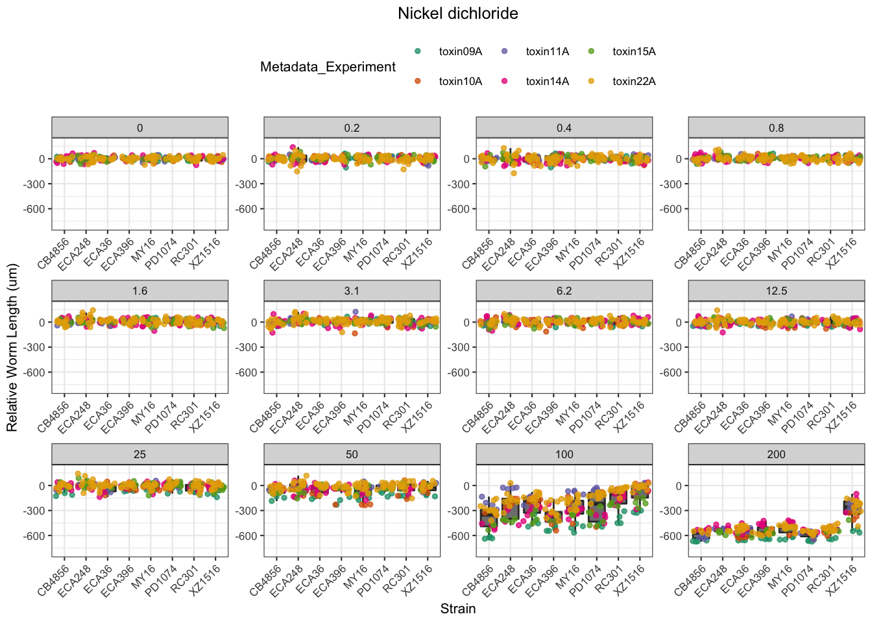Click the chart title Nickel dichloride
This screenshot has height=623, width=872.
coord(457,14)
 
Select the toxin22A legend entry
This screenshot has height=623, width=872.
coord(633,82)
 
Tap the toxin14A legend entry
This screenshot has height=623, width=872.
coord(547,82)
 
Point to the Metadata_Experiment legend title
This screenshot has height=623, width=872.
coord(328,67)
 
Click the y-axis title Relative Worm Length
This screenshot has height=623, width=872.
coord(13,347)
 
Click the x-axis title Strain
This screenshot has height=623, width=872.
coord(457,609)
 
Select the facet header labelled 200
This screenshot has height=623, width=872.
coord(776,454)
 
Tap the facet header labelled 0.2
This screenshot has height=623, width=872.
coord(352,128)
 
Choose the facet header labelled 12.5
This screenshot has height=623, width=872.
coord(776,291)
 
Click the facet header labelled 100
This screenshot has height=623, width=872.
coord(564,454)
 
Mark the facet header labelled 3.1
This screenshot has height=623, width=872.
coord(352,291)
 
